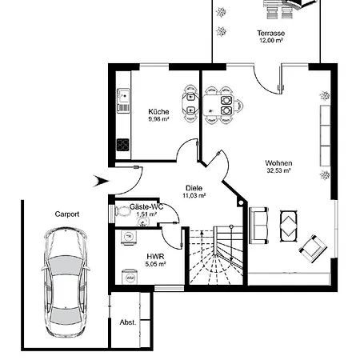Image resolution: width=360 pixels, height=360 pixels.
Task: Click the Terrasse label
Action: pyautogui.click(x=271, y=33)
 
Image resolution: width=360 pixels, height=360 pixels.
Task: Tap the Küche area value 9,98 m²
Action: pyautogui.click(x=158, y=119)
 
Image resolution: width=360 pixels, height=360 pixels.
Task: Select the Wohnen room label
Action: pyautogui.click(x=278, y=162)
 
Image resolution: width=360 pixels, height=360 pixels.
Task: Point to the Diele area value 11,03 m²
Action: pyautogui.click(x=194, y=195)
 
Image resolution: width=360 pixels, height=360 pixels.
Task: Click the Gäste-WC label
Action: pyautogui.click(x=146, y=206)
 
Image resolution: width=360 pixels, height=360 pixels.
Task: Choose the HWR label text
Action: pyautogui.click(x=155, y=257)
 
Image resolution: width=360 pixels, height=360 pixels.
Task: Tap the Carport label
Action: pyautogui.click(x=67, y=214)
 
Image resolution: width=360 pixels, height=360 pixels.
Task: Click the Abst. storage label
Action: pyautogui.click(x=128, y=322)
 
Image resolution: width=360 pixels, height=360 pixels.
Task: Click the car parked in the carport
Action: pyautogui.click(x=65, y=282)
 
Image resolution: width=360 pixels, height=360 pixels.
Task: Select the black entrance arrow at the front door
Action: pyautogui.click(x=101, y=181)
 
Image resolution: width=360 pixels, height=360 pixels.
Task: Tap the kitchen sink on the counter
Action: pyautogui.click(x=123, y=96)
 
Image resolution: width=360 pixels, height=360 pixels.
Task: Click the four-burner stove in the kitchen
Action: pyautogui.click(x=123, y=145)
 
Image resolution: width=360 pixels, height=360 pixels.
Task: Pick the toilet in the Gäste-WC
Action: pyautogui.click(x=122, y=211)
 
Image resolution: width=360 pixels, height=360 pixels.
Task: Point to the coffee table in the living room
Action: pyautogui.click(x=289, y=226)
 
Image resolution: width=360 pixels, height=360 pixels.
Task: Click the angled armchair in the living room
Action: pyautogui.click(x=313, y=249)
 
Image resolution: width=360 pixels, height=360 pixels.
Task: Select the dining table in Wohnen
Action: pyautogui.click(x=218, y=105)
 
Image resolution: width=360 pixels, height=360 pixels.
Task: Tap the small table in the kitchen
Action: pyautogui.click(x=190, y=104)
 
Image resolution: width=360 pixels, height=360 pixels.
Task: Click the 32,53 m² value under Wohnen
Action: pyautogui.click(x=278, y=170)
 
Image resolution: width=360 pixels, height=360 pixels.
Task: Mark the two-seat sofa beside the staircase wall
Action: pyautogui.click(x=259, y=226)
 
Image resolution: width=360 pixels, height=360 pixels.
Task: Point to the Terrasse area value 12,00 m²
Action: pyautogui.click(x=271, y=40)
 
